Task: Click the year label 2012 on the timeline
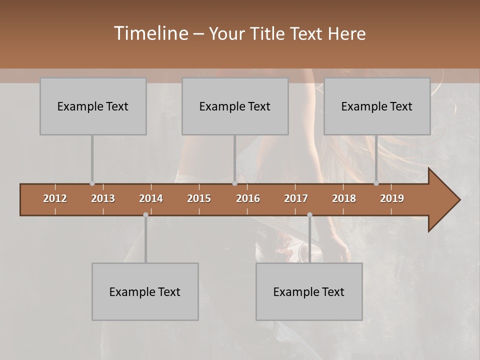[55, 198]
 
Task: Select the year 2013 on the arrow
[103, 198]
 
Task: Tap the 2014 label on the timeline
[151, 198]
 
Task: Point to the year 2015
[199, 198]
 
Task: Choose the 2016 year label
[248, 198]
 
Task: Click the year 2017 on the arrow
[296, 198]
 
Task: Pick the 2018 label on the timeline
[344, 198]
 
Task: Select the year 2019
[392, 198]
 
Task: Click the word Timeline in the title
[150, 33]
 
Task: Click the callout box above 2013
[93, 106]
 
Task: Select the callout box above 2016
[235, 106]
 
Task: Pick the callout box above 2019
[377, 106]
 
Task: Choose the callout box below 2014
[145, 291]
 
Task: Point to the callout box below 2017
[309, 291]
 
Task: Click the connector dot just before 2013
[92, 183]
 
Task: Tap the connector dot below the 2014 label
[145, 214]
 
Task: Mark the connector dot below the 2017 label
[309, 214]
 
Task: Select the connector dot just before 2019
[376, 183]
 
